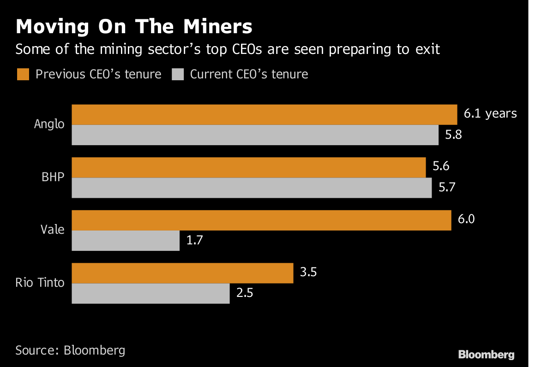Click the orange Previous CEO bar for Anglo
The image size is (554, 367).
click(264, 115)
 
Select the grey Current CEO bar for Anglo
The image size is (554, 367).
click(255, 135)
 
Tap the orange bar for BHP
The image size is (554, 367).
click(248, 167)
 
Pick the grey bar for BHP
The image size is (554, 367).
click(252, 188)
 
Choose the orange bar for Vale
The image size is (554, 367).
click(261, 220)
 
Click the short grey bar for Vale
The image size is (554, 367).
click(126, 241)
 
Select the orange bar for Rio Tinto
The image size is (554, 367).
click(182, 273)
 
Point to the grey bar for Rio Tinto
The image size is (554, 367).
click(151, 293)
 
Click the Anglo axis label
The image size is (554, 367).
click(49, 124)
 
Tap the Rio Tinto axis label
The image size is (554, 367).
click(40, 283)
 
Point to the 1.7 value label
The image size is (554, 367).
click(195, 240)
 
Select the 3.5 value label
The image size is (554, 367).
click(309, 272)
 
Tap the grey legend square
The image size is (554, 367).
click(178, 74)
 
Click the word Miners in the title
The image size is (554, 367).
click(218, 27)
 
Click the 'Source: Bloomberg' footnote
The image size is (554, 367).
click(70, 350)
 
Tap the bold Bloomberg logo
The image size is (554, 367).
click(486, 355)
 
